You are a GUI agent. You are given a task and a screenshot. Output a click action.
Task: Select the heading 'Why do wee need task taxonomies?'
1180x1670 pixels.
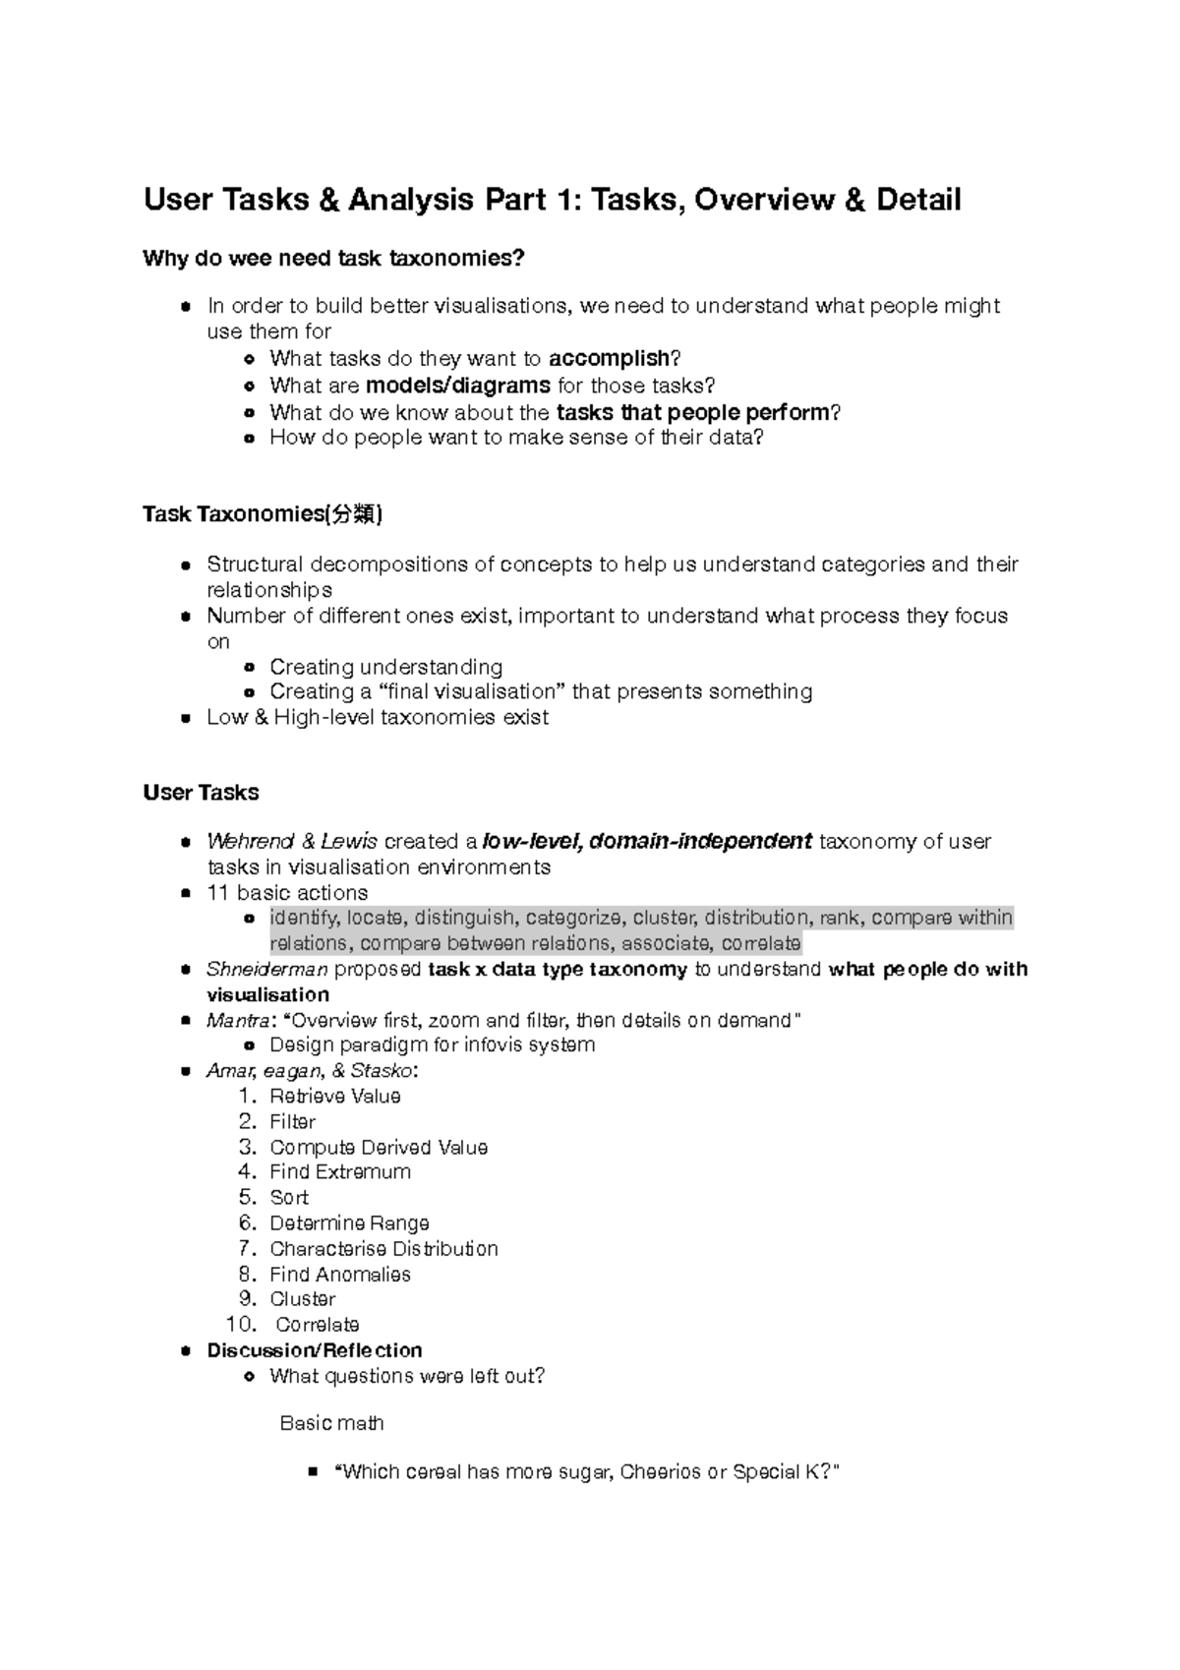click(x=334, y=259)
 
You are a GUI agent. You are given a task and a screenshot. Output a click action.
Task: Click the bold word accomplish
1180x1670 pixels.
click(x=609, y=359)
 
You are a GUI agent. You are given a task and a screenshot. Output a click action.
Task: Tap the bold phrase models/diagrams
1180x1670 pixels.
click(x=457, y=386)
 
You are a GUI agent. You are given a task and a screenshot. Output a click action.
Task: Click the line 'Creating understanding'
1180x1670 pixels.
click(x=385, y=667)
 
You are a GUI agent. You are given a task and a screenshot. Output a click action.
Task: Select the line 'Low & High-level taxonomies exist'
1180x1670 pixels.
click(x=377, y=718)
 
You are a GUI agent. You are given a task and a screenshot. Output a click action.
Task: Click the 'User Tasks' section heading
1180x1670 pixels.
click(x=201, y=793)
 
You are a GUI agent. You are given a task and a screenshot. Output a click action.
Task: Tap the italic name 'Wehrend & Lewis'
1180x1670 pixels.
click(x=292, y=842)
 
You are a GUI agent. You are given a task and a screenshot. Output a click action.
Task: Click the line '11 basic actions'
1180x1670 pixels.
click(x=287, y=893)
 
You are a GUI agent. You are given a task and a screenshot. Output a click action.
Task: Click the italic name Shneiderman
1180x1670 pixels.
click(x=266, y=970)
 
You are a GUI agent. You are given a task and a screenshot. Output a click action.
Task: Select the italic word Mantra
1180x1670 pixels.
click(x=236, y=1021)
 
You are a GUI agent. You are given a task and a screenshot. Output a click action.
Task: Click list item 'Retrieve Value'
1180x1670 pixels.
click(x=334, y=1097)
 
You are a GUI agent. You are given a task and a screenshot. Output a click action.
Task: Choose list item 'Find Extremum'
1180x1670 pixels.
click(x=340, y=1172)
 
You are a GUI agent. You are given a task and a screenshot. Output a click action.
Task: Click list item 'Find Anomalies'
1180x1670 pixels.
click(x=340, y=1275)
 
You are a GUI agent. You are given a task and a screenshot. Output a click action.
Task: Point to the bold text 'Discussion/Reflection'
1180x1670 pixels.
click(x=315, y=1350)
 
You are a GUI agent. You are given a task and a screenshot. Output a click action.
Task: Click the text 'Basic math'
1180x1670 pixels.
click(x=331, y=1423)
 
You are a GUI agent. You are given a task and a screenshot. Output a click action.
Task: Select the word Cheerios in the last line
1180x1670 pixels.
click(x=661, y=1472)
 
